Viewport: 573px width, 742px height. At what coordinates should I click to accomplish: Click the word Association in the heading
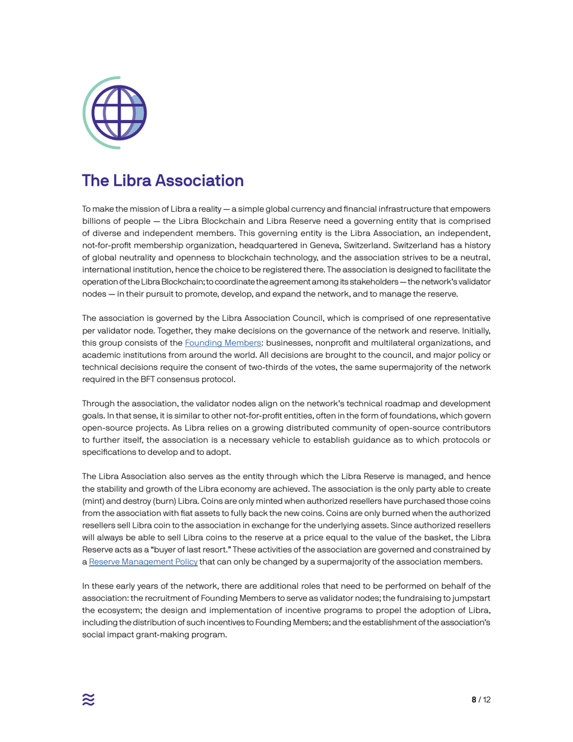coord(199,180)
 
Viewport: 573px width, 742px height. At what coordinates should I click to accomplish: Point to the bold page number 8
coord(473,700)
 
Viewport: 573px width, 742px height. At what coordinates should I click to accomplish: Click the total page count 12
coord(487,700)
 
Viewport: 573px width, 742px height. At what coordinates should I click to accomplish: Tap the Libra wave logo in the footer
coord(89,699)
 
